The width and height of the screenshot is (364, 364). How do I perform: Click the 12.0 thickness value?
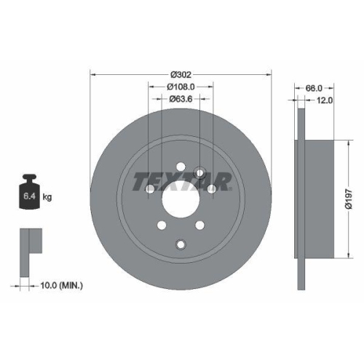pyautogui.click(x=324, y=100)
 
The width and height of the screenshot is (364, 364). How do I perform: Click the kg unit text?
pyautogui.click(x=47, y=197)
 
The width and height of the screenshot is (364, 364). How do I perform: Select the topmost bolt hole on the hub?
pyautogui.click(x=200, y=172)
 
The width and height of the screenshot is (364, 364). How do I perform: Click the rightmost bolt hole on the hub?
pyautogui.click(x=211, y=189)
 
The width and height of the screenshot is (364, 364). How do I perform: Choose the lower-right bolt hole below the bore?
pyautogui.click(x=199, y=225)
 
